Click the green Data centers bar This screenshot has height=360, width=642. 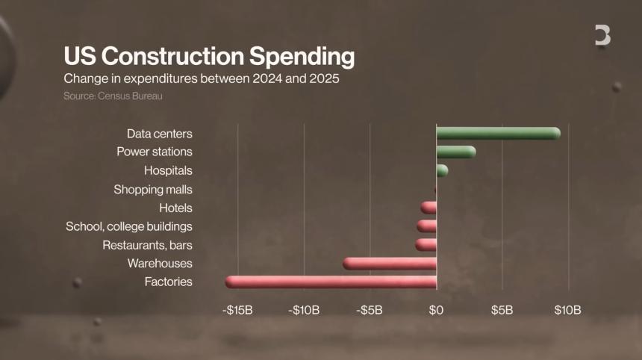[x=498, y=134]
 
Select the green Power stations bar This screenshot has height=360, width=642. [x=455, y=152]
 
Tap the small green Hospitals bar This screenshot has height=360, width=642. [x=442, y=171]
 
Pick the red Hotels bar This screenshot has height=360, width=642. [x=428, y=208]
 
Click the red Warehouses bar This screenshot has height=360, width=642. [x=390, y=264]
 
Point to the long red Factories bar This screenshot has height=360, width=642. [x=331, y=282]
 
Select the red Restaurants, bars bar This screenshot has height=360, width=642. [x=426, y=245]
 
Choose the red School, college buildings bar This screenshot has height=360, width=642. [x=427, y=226]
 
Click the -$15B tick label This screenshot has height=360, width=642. [x=237, y=310]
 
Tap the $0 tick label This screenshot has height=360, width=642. [x=437, y=310]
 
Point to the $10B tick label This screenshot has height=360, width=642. [x=568, y=310]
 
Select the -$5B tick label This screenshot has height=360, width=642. [x=370, y=310]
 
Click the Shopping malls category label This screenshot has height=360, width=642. [x=153, y=190]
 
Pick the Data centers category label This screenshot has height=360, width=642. [x=160, y=134]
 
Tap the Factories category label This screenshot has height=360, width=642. [x=169, y=282]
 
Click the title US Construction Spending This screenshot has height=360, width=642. [x=208, y=57]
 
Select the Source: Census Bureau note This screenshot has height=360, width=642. [x=113, y=96]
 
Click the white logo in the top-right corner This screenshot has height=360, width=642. [x=602, y=35]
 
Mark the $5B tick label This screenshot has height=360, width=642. [x=502, y=310]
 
